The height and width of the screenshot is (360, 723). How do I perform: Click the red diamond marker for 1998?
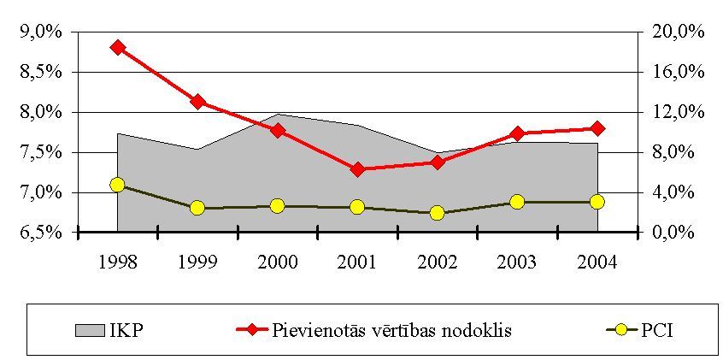pos(118,47)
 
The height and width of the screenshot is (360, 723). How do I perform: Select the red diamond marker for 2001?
pos(357,169)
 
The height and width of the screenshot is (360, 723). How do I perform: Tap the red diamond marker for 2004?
pos(597,128)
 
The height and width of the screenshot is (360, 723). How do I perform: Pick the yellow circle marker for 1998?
pos(118,185)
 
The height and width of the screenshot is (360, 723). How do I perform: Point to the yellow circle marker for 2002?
pos(437,213)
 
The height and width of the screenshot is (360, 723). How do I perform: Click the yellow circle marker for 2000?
pos(278,206)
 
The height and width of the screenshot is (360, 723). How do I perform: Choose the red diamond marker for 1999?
pos(197,102)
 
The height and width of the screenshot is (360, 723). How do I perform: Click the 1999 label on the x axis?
pos(197,261)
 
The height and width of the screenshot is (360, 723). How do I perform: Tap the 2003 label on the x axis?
pos(516,261)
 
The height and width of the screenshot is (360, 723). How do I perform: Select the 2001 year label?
pos(357,261)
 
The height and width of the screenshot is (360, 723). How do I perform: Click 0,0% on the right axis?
pos(673,232)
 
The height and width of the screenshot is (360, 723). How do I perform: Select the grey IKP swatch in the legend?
pos(89,329)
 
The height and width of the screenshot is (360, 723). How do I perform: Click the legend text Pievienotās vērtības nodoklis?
pos(392,330)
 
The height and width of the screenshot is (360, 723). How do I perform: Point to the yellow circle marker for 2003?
pos(516,202)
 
